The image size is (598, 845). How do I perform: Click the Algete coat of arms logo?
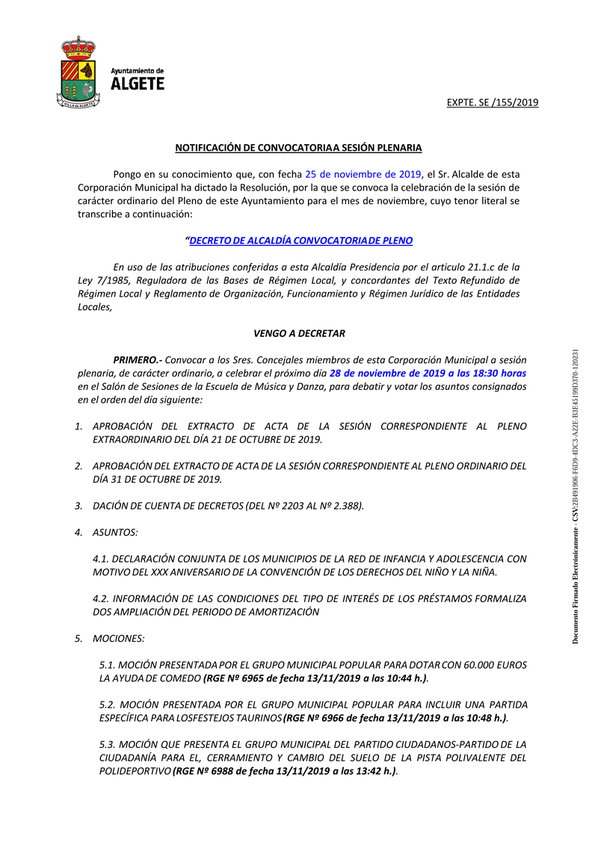[77, 72]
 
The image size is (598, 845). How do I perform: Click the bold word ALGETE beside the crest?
[138, 84]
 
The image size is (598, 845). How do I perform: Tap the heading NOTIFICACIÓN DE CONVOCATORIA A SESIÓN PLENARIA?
[298, 148]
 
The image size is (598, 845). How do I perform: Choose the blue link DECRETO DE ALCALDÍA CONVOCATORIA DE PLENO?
[300, 241]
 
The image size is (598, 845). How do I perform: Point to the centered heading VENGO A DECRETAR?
[299, 333]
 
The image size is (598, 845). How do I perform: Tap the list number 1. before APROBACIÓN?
[78, 426]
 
